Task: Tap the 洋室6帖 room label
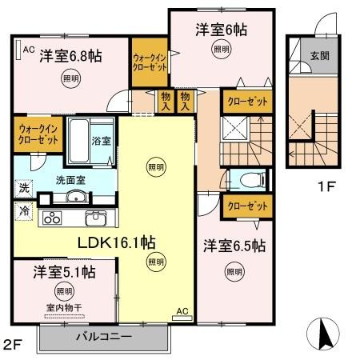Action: coord(222,30)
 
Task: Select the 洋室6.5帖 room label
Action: coord(234,246)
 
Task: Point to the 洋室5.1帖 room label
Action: coord(64,272)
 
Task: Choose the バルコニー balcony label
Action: coord(104,337)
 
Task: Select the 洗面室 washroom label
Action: coord(70,180)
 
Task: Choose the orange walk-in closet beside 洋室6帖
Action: coord(150,63)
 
